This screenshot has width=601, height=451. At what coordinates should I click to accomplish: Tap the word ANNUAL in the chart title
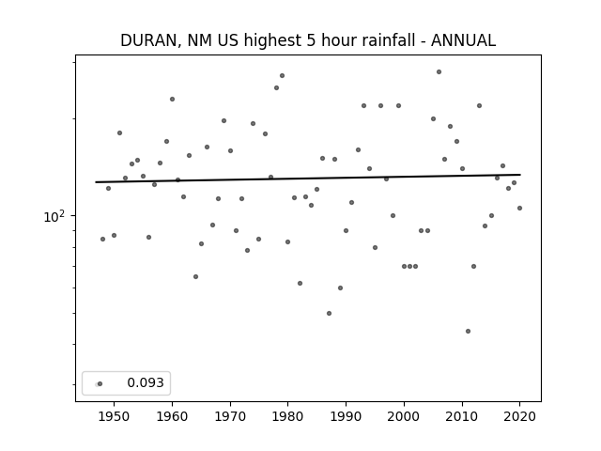tap(463, 40)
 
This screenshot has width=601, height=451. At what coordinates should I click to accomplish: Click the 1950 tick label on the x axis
tap(114, 416)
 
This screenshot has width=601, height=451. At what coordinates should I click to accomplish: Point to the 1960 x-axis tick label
tap(172, 416)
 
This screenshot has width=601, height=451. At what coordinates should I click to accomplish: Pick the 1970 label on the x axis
tap(230, 416)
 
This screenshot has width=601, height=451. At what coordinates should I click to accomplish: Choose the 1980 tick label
tap(288, 416)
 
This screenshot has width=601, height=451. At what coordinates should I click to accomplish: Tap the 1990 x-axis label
tap(347, 416)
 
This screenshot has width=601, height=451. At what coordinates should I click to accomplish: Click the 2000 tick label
tap(404, 416)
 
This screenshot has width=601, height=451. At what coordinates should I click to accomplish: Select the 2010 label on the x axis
tap(462, 416)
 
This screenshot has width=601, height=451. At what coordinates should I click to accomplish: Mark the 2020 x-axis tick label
tap(519, 416)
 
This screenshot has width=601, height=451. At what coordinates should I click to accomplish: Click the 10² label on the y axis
tap(54, 217)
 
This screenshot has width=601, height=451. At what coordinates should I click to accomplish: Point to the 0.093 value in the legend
tap(146, 382)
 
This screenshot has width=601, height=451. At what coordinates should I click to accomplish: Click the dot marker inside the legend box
tap(100, 383)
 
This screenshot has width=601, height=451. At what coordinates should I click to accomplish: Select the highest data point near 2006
tap(439, 71)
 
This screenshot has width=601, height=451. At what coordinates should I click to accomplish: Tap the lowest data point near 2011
tap(468, 331)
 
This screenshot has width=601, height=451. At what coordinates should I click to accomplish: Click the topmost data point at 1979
tap(282, 75)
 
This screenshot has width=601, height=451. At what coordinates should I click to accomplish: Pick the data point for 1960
tap(172, 99)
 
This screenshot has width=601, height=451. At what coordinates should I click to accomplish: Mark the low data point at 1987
tap(329, 313)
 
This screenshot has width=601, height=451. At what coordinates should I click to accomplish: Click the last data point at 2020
tap(519, 208)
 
